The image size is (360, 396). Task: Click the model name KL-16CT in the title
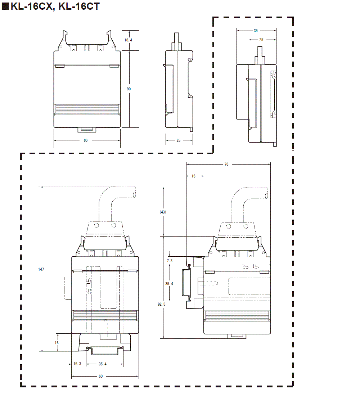(78, 7)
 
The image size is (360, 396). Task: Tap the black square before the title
(5, 7)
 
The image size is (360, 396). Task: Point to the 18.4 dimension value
(129, 40)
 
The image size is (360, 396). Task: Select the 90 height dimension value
(129, 89)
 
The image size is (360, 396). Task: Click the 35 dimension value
(256, 31)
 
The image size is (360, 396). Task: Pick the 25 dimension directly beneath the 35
(261, 40)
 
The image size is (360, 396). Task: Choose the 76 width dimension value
(226, 164)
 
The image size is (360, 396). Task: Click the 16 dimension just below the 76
(193, 176)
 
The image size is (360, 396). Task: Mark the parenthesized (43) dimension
(163, 212)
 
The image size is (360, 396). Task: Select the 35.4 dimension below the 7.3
(170, 284)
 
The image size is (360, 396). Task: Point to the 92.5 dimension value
(162, 304)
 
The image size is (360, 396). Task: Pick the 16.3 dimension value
(77, 364)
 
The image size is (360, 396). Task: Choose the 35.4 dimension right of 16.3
(103, 364)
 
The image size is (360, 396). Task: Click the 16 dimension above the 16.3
(57, 343)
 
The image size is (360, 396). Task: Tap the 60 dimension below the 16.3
(100, 376)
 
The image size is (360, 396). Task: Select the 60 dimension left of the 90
(85, 140)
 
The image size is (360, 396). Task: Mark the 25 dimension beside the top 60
(179, 140)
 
